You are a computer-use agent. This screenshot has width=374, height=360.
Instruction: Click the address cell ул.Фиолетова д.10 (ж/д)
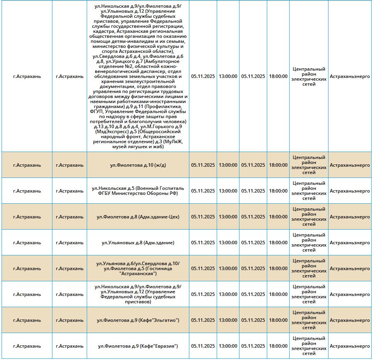click(138, 165)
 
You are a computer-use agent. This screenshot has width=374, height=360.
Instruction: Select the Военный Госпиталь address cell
click(138, 191)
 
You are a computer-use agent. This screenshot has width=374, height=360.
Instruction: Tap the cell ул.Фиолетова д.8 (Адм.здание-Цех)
click(138, 217)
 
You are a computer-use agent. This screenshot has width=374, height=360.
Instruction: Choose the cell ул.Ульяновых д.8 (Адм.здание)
click(138, 243)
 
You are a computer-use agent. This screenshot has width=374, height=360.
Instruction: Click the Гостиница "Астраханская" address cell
click(138, 269)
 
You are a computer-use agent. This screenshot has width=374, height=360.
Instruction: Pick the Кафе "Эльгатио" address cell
click(138, 320)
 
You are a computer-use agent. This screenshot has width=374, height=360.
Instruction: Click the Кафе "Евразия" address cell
click(138, 346)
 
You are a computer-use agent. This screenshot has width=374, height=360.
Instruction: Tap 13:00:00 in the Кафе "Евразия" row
click(228, 346)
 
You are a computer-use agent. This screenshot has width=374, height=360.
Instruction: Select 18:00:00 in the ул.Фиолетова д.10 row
click(278, 165)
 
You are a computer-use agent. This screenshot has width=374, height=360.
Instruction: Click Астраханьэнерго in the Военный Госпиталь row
click(350, 191)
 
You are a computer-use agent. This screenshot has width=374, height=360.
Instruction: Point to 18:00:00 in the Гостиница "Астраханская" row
click(278, 269)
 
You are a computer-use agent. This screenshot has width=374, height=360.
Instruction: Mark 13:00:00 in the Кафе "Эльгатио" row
click(228, 320)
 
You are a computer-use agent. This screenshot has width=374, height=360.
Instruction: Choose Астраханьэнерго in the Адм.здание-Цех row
click(350, 217)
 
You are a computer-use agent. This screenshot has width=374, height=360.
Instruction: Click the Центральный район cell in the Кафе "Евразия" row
click(309, 346)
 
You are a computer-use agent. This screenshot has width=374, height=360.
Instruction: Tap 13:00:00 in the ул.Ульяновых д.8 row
click(228, 243)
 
